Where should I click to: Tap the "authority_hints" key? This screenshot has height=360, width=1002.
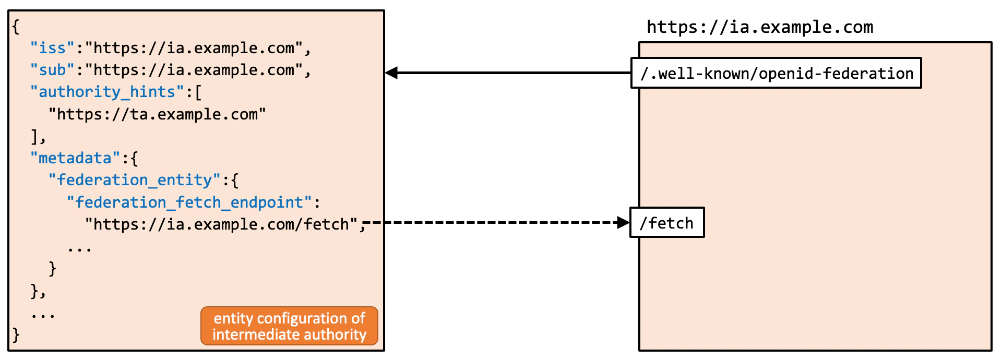(107, 92)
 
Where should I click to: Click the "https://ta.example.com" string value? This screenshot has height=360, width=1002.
(157, 114)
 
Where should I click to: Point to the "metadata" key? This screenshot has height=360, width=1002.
(75, 158)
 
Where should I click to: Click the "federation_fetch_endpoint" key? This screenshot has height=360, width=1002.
(189, 202)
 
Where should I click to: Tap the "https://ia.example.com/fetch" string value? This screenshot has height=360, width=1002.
(222, 224)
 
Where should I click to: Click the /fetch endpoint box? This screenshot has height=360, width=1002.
(667, 223)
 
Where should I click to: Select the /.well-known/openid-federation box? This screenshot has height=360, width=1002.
(776, 74)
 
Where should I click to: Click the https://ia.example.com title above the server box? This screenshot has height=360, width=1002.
(760, 27)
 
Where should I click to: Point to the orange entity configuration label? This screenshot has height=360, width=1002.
(289, 326)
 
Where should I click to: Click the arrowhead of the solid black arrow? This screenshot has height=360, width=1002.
(391, 73)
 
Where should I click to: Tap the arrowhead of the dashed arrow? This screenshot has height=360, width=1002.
(623, 223)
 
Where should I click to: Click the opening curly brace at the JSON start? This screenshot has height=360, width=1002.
(16, 27)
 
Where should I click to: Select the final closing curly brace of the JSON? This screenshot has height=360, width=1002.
(16, 334)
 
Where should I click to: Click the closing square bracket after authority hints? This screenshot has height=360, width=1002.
(34, 136)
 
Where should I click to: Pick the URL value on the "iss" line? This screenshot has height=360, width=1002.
(194, 48)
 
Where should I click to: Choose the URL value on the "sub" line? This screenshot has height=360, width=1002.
(194, 70)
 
